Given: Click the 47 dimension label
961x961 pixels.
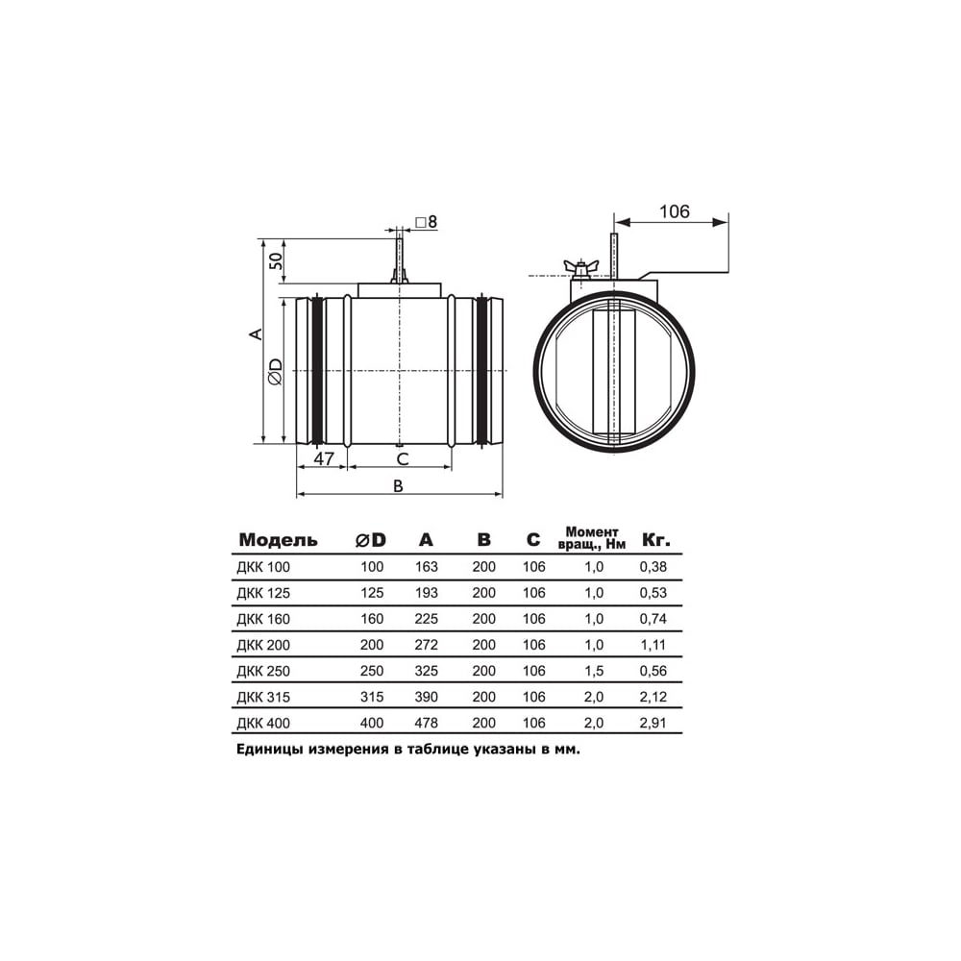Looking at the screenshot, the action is tap(324, 458).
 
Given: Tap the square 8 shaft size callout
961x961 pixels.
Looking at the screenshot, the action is tap(426, 221).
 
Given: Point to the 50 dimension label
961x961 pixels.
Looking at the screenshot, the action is tap(277, 261).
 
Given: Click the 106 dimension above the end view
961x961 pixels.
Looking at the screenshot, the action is tap(675, 211).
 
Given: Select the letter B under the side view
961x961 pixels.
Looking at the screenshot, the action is tap(399, 486).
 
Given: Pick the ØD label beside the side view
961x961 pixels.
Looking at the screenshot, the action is tap(276, 371).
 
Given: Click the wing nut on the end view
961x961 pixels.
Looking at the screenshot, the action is tap(578, 268).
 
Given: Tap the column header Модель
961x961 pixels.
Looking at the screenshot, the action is tap(279, 540).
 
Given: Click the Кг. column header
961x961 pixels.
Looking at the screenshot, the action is tap(655, 540).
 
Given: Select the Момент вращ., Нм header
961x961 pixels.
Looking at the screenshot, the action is tap(592, 538).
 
